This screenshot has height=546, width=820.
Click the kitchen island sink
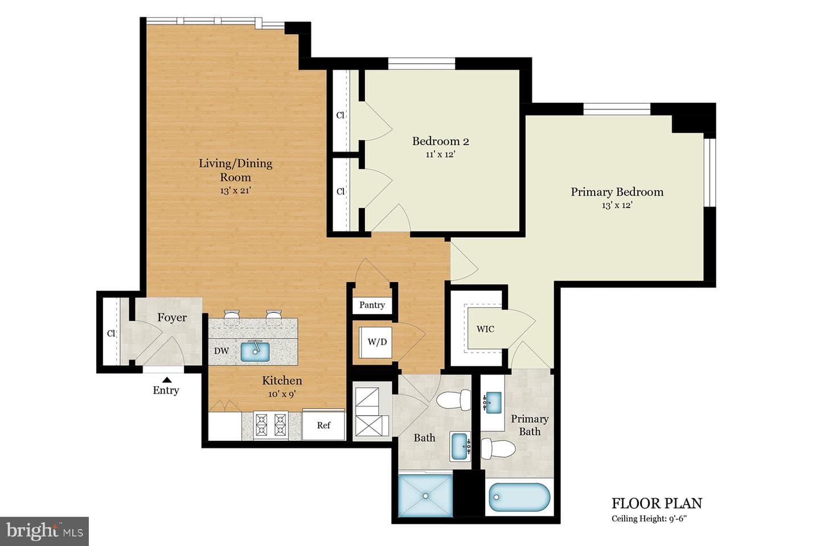tap(255, 351)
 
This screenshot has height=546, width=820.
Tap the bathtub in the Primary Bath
tap(519, 497)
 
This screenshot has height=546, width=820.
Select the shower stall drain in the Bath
tap(425, 496)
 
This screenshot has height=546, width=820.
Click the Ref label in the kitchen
tap(323, 425)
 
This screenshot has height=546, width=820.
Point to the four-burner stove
tap(271, 425)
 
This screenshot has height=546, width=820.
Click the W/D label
tap(377, 342)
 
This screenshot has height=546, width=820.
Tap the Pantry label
tap(372, 305)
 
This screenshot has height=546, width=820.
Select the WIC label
tap(485, 329)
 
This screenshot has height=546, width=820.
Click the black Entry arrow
tap(167, 379)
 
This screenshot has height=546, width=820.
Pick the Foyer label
tap(172, 317)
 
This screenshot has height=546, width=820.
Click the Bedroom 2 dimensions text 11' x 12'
tap(440, 154)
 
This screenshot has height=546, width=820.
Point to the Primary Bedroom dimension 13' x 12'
tap(617, 205)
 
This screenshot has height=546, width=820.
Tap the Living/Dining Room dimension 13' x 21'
tap(235, 191)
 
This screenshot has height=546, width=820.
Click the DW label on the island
tap(222, 351)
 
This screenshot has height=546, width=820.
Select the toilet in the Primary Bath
tap(498, 448)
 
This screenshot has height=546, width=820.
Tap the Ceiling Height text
tap(649, 518)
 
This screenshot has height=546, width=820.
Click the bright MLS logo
tap(44, 531)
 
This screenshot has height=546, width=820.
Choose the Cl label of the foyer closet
tap(111, 333)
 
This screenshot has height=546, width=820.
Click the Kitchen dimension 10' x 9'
tap(282, 394)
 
